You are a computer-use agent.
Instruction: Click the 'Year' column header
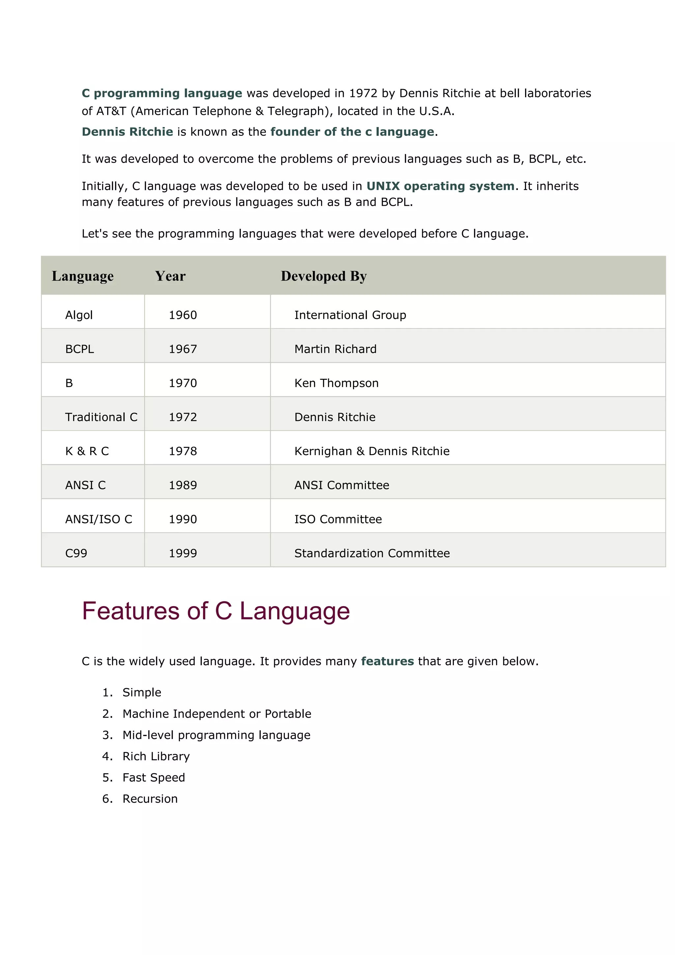[170, 276]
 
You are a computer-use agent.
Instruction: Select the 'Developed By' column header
[323, 276]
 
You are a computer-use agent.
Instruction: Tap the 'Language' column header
[82, 276]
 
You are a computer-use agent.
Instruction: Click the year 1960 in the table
[183, 315]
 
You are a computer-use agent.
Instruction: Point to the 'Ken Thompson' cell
[336, 383]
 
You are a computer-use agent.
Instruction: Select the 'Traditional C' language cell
[101, 417]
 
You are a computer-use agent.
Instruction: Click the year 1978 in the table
[183, 451]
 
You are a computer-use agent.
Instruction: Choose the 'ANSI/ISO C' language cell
[99, 519]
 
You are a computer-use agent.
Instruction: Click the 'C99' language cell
[76, 554]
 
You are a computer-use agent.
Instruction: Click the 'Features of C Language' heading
[216, 611]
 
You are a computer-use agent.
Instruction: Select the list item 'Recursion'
[150, 799]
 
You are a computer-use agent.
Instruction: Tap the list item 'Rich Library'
[156, 756]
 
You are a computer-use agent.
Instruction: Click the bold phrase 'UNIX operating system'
[440, 186]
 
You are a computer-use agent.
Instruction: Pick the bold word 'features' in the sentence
[387, 662]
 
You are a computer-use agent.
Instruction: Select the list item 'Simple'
[142, 693]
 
